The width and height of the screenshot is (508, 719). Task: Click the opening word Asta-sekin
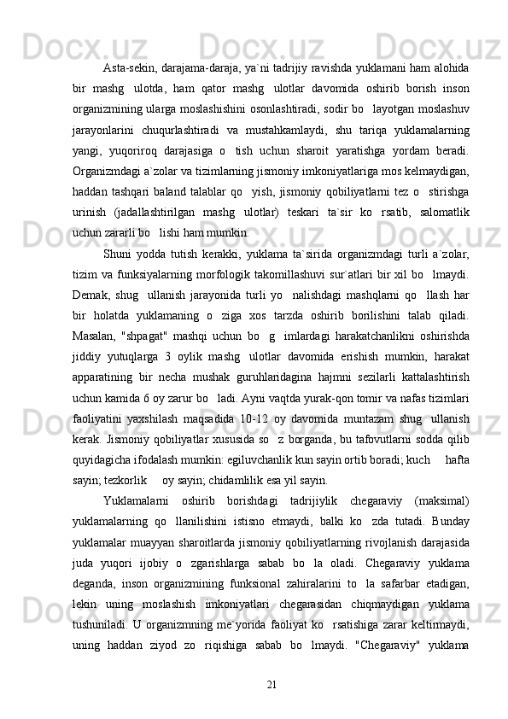pyautogui.click(x=129, y=67)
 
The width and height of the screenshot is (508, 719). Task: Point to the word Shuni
pyautogui.click(x=116, y=252)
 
